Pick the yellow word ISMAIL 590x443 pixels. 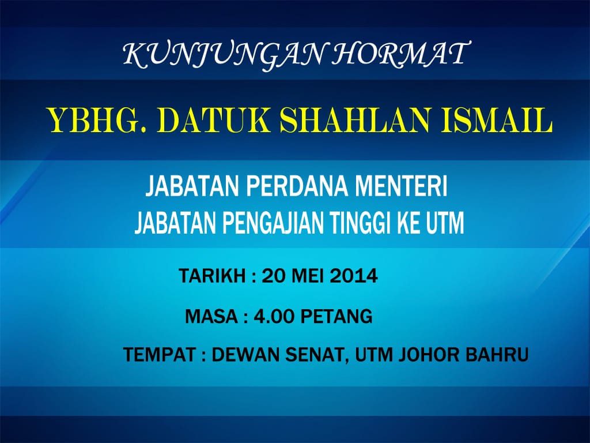[497, 120]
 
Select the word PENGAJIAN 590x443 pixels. [273, 223]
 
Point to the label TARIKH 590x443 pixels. [212, 276]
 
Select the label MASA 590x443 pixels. [211, 316]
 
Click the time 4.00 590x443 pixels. [274, 316]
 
